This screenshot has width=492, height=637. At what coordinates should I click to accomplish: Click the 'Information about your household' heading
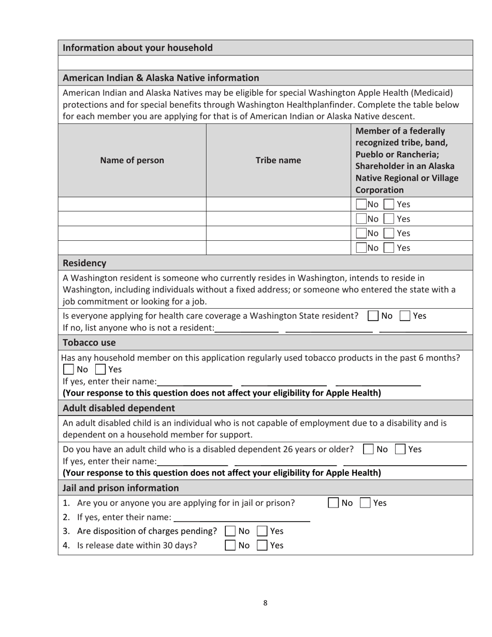138,48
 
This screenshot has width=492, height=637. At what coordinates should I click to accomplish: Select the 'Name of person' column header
132,160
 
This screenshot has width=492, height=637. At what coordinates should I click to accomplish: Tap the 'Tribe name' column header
278,160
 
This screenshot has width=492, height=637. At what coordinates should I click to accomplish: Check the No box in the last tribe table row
361,248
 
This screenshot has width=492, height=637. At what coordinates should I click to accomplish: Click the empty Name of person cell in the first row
132,204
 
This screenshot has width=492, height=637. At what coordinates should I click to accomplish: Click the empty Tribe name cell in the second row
278,219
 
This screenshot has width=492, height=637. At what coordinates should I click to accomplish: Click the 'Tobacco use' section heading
89,342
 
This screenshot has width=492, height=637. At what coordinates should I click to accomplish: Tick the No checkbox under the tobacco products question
68,370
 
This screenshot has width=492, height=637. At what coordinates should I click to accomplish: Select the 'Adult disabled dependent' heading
119,408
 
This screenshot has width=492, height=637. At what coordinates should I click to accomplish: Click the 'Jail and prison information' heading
121,488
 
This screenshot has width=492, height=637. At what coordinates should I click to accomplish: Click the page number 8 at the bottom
265,602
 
